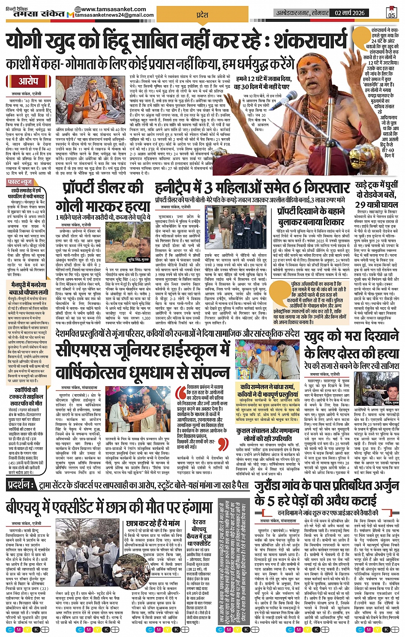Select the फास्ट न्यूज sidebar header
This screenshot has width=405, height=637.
pyautogui.click(x=20, y=182)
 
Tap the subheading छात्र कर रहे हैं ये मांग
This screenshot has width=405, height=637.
pyautogui.click(x=153, y=523)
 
